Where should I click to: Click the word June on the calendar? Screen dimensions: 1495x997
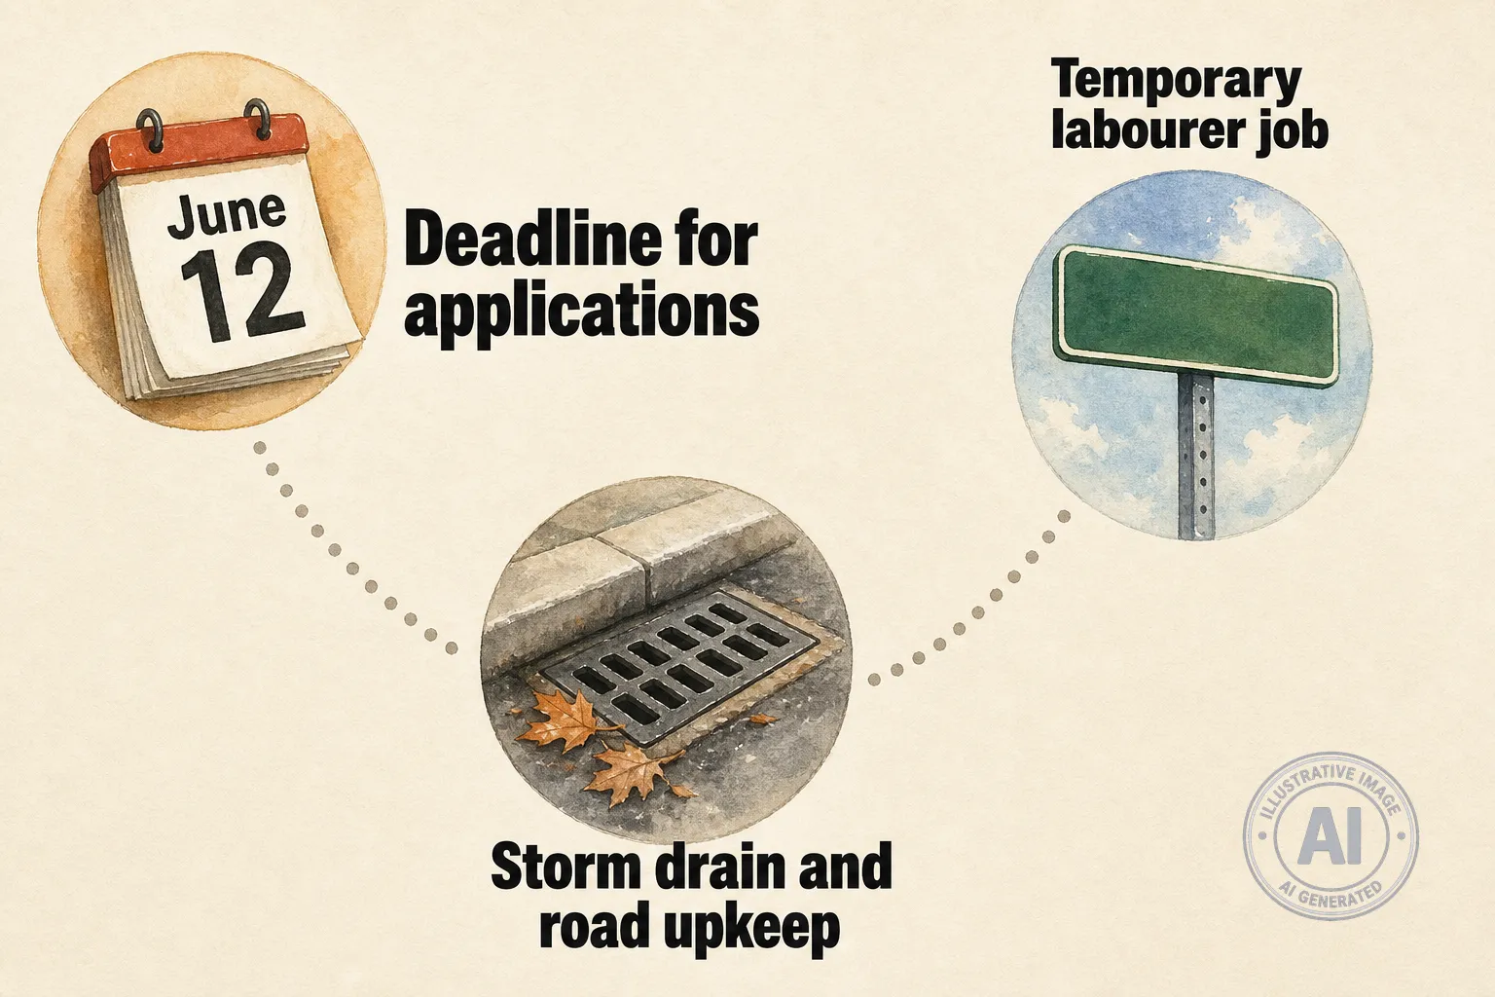point(226,213)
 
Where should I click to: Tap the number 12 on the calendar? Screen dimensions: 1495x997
point(243,292)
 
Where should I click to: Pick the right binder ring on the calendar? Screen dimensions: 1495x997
point(258,119)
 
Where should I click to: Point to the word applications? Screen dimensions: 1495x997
point(581,313)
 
